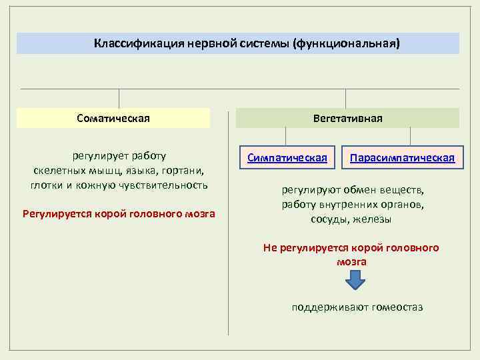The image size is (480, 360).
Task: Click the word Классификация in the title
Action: (x=127, y=44)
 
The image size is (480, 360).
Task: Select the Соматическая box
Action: (x=113, y=118)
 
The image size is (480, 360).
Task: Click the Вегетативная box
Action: (x=347, y=118)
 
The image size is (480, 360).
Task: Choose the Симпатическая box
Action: (x=287, y=158)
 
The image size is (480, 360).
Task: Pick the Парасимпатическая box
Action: (x=402, y=158)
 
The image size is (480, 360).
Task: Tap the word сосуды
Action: (x=328, y=219)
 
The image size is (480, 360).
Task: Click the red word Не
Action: (x=269, y=248)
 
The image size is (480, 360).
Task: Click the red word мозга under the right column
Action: (x=351, y=262)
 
